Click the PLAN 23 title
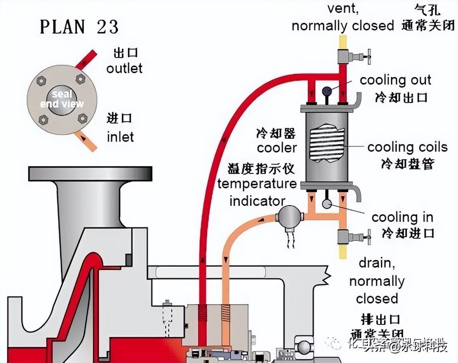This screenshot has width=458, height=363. (79, 27)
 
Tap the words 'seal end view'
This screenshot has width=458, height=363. (62, 99)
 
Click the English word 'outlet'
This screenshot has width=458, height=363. (124, 68)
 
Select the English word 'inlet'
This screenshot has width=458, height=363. (120, 136)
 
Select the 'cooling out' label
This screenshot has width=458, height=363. (395, 80)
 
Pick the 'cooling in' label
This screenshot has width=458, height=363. (402, 217)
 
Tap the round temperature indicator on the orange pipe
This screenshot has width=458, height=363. (288, 216)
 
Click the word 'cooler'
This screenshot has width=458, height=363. (277, 148)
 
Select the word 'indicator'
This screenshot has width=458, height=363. (257, 201)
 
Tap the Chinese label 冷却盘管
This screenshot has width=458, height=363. (407, 164)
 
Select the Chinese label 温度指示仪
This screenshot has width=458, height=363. (261, 168)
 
